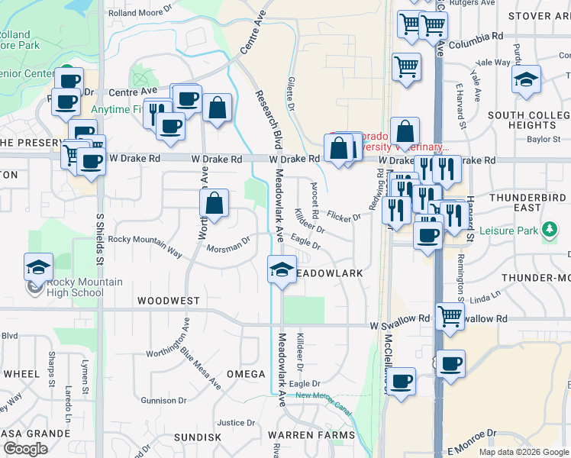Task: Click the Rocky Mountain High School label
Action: [x=84, y=287]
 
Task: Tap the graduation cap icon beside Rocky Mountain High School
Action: [x=38, y=268]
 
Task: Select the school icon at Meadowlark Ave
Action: [x=282, y=269]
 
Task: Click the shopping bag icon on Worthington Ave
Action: [x=215, y=204]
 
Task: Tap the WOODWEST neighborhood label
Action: [x=169, y=302]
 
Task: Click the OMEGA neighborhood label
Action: [x=246, y=374]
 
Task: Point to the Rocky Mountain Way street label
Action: [x=145, y=240]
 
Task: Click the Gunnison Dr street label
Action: [x=163, y=400]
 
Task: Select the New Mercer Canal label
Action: [x=324, y=398]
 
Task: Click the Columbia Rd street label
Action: [x=476, y=36]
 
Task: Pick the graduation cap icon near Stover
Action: [x=526, y=79]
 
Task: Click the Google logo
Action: [x=25, y=449]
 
